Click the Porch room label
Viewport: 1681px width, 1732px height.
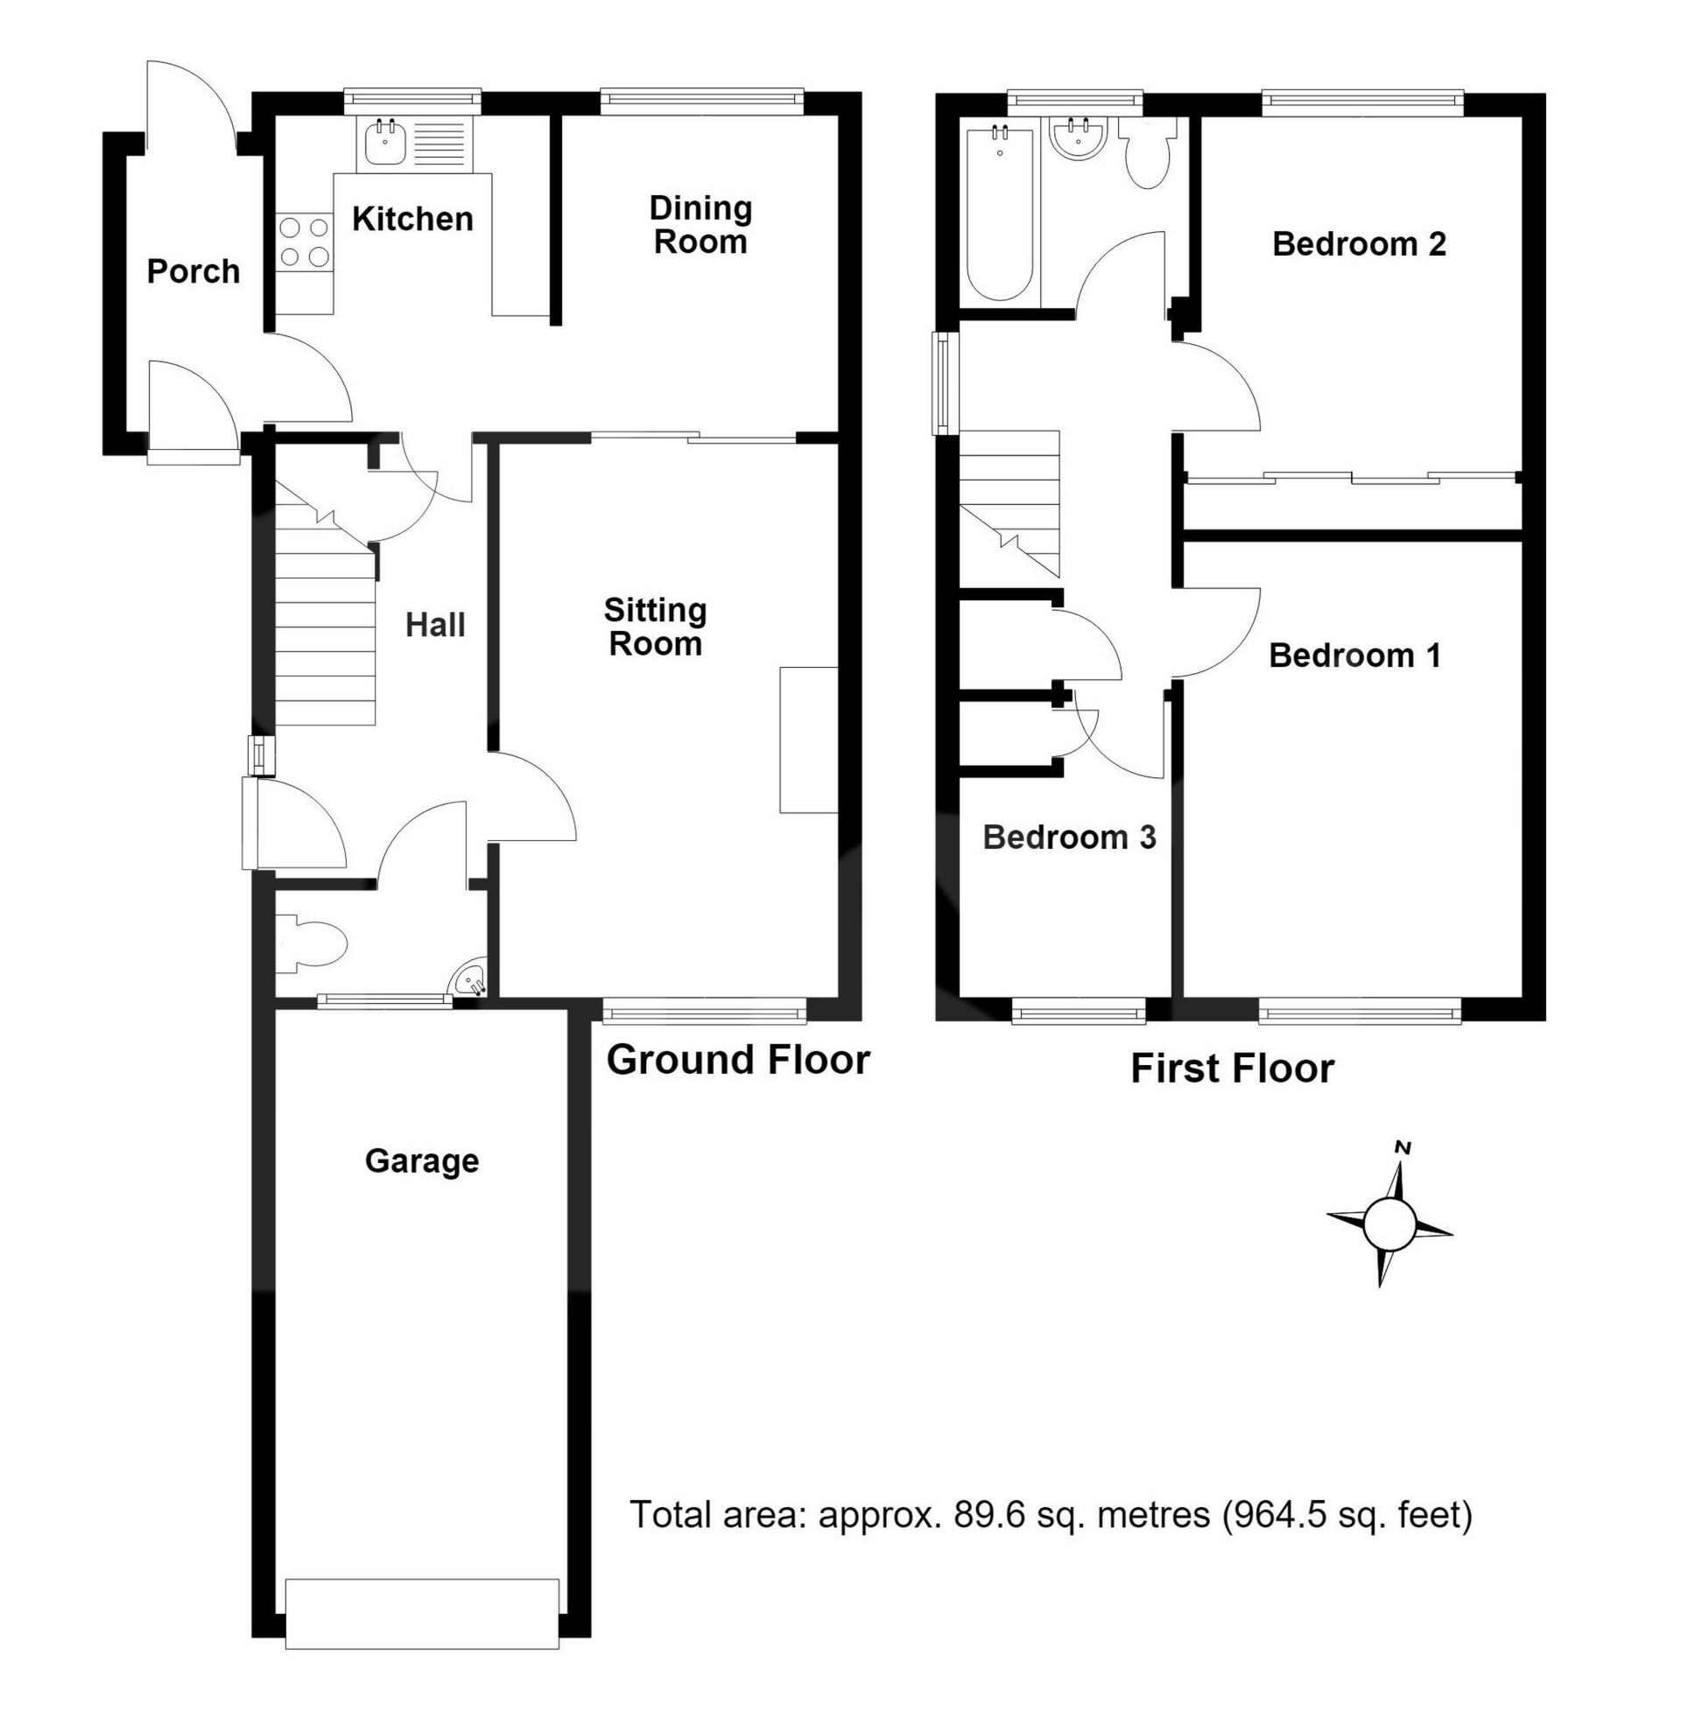point(193,271)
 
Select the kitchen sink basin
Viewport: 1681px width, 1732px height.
point(383,143)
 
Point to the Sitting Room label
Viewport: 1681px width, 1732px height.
point(655,627)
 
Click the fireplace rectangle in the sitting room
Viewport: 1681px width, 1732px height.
point(808,740)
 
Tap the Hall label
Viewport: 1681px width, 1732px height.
point(435,626)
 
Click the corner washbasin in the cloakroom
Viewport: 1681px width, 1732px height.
point(469,980)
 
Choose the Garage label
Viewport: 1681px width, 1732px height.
point(422,1161)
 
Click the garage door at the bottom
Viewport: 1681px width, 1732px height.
point(423,1614)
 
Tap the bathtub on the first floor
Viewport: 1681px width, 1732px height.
point(1000,214)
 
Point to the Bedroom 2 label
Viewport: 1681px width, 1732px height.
point(1360,244)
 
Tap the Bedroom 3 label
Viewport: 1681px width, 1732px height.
point(1069,837)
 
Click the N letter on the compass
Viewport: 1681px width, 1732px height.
point(1402,1147)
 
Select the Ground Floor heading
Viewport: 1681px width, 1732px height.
point(738,1060)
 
